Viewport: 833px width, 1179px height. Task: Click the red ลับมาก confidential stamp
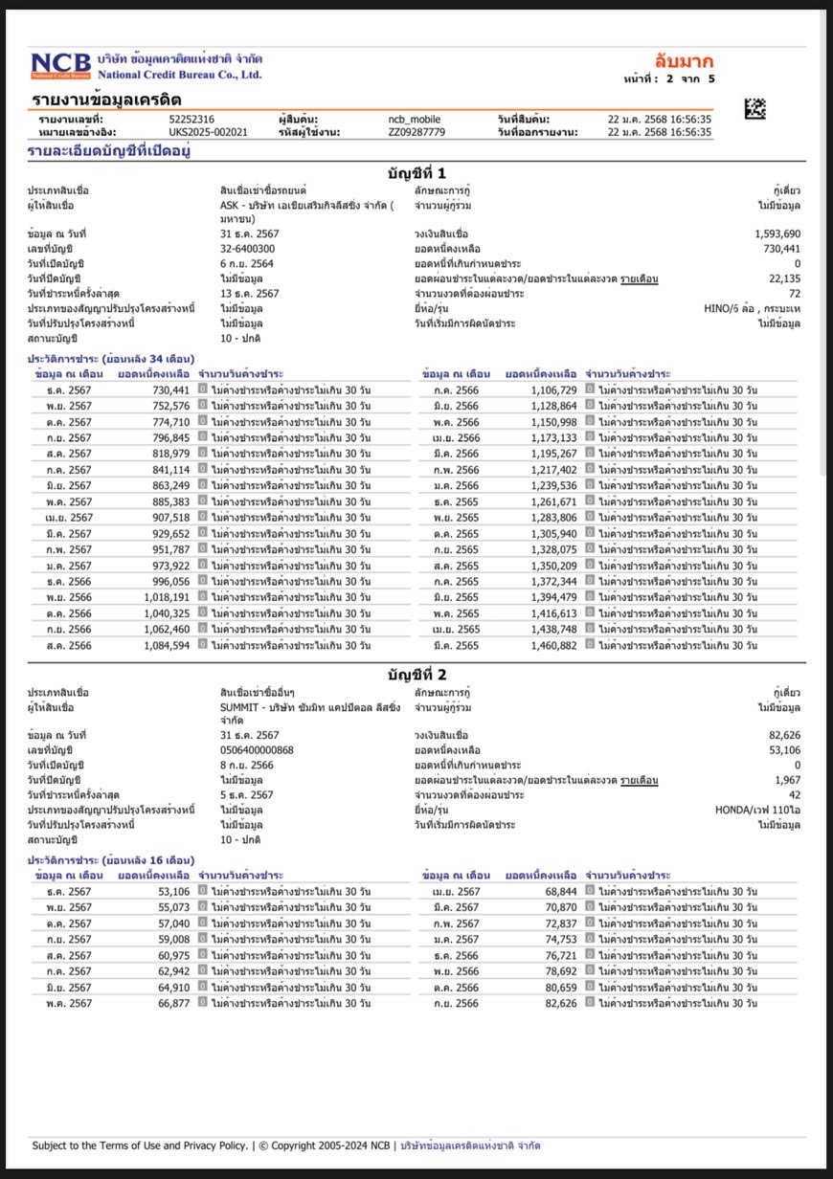684,62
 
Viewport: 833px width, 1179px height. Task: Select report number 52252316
191,119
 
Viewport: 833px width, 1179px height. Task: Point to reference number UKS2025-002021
208,132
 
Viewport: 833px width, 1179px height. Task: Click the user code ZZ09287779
416,132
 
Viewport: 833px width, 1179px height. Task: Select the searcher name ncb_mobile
415,119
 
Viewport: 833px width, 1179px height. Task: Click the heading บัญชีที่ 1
416,173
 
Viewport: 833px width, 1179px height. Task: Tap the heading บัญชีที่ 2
416,674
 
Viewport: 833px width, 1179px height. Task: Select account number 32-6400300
248,249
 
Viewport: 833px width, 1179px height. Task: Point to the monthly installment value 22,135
783,278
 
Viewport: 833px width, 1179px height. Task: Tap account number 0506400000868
257,749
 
